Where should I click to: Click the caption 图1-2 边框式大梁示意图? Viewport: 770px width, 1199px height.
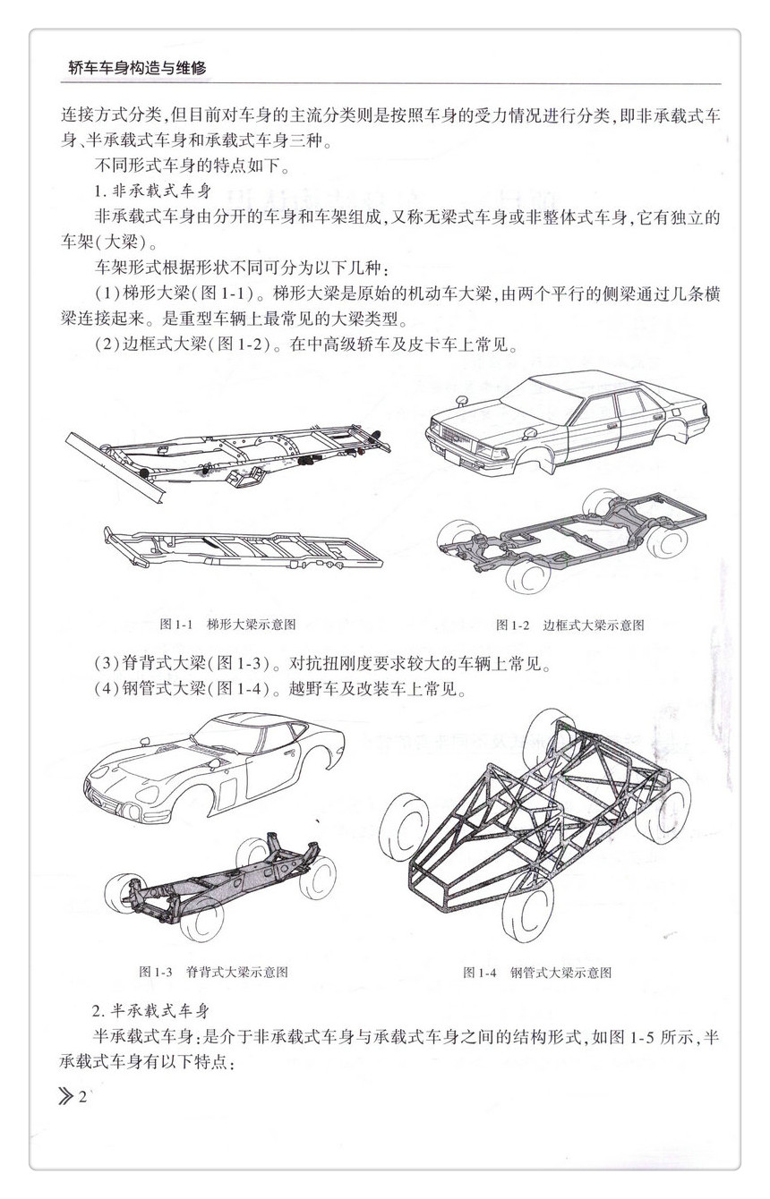570,625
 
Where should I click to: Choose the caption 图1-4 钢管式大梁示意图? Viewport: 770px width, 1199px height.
537,972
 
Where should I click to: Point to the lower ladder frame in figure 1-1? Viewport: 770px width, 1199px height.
242,546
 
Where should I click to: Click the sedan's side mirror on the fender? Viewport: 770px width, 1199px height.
466,398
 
